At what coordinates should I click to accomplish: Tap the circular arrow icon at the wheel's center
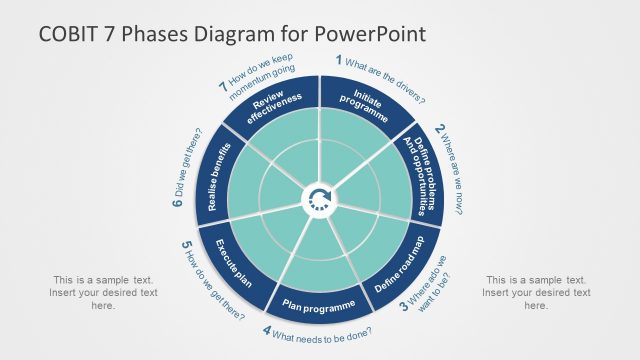click(x=320, y=199)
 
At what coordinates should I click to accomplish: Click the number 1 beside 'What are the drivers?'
click(x=339, y=60)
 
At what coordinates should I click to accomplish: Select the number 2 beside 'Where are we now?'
click(x=439, y=130)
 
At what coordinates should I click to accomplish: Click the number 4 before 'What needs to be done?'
click(x=267, y=330)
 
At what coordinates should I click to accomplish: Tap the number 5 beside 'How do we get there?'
click(x=187, y=245)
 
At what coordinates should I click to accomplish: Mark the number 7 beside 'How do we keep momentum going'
click(x=222, y=87)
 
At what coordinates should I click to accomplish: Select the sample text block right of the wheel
click(x=536, y=293)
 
